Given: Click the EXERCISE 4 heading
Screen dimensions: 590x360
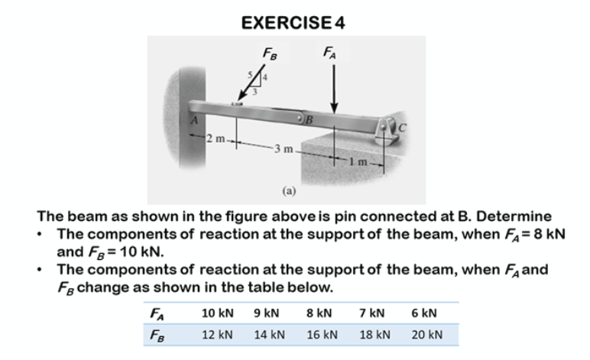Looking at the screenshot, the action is click(x=293, y=23).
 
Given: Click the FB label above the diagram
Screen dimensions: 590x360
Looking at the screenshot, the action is click(x=269, y=54).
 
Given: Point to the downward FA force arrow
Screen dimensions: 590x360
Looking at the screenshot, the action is click(x=333, y=87).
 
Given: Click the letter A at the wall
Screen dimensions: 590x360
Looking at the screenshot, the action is click(x=195, y=119).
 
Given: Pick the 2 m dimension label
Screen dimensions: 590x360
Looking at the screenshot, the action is click(x=215, y=138).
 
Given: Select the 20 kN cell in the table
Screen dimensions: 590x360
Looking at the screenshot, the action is click(x=426, y=335).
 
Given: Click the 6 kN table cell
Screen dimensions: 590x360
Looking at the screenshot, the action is click(x=423, y=313).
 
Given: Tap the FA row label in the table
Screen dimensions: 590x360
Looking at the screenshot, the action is click(x=156, y=313).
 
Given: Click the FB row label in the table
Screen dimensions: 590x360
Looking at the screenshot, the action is click(x=156, y=335).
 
